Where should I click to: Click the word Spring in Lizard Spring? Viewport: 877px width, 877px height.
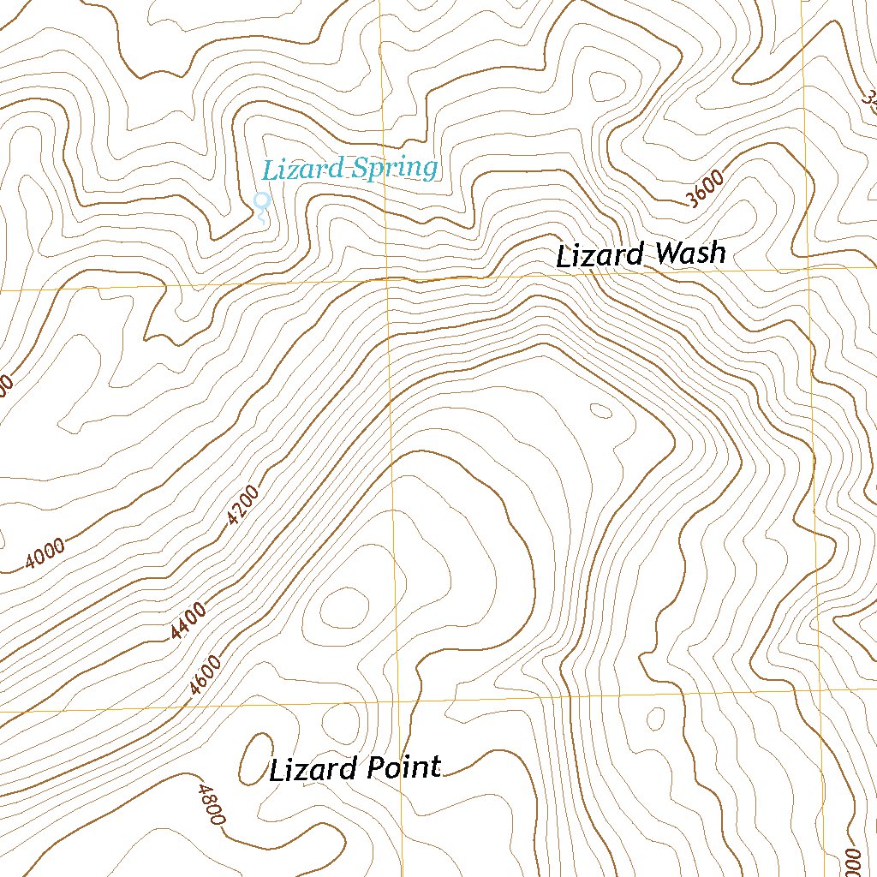(x=396, y=168)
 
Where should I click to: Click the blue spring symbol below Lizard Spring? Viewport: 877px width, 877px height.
(x=263, y=201)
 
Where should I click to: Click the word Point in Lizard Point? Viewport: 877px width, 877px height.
(x=403, y=767)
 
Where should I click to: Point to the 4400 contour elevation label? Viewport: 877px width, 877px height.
(x=188, y=621)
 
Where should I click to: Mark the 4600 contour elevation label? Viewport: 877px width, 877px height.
(x=206, y=674)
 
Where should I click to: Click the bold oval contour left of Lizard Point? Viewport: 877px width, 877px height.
(x=254, y=758)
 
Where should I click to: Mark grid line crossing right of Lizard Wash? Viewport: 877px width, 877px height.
(x=809, y=268)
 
